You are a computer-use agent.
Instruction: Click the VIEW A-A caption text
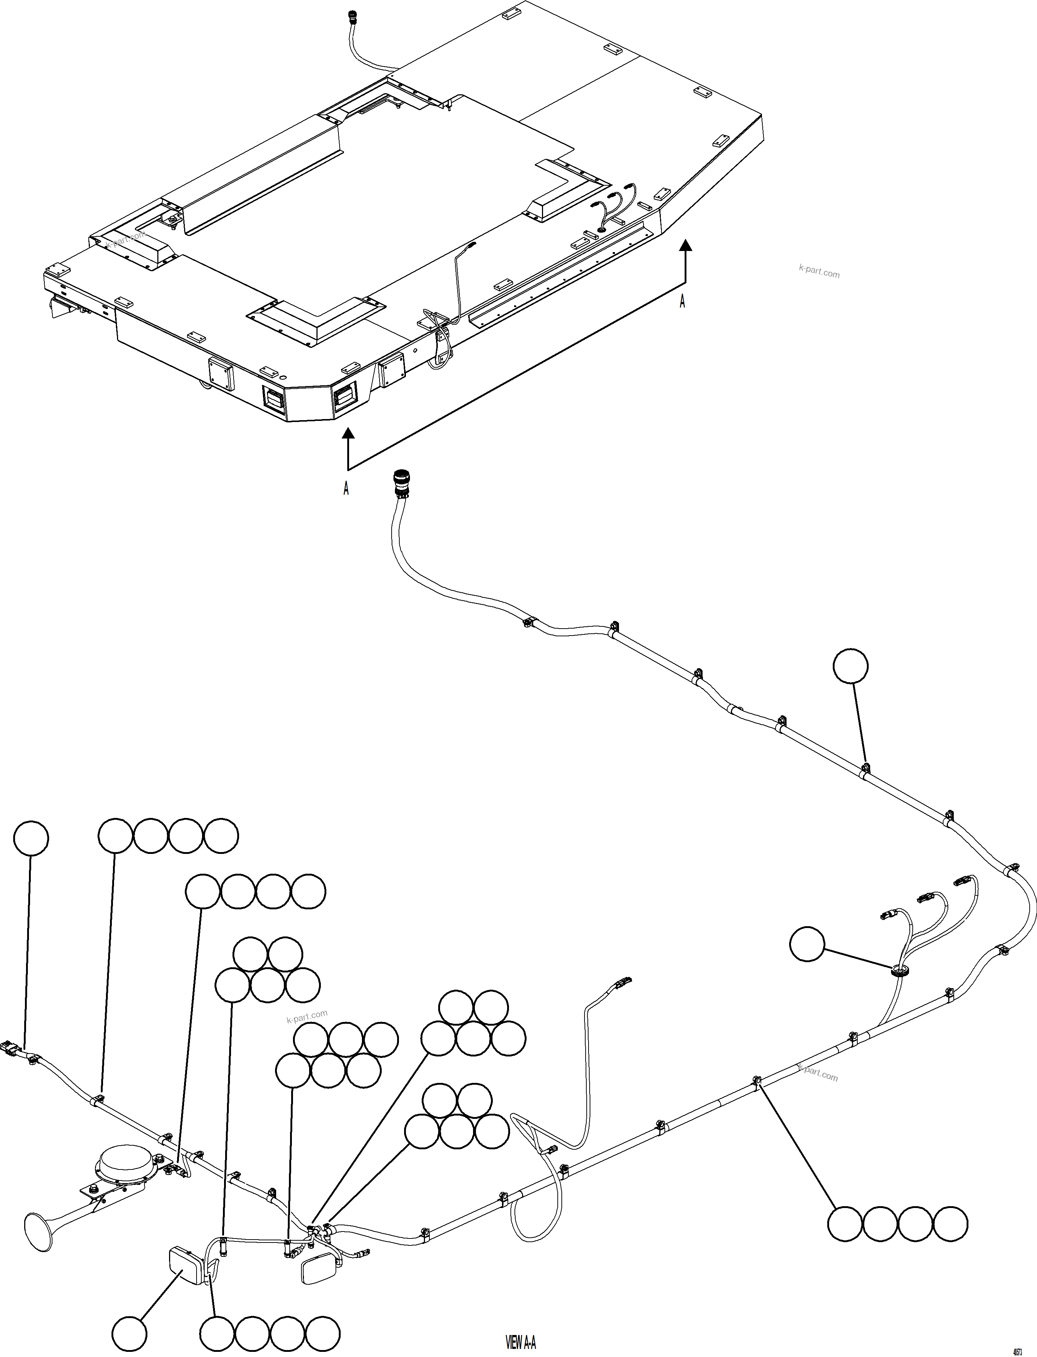520,1342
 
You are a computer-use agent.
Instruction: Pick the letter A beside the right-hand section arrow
682,301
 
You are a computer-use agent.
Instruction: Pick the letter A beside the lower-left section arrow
346,488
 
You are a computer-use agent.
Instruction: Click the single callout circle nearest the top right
850,666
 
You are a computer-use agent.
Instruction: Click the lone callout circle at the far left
31,838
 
